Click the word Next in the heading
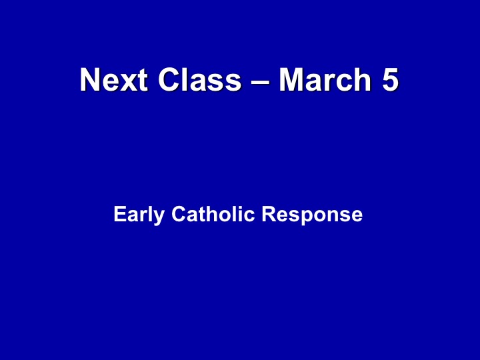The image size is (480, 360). [114, 79]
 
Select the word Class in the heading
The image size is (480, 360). [199, 79]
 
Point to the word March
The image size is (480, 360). [325, 79]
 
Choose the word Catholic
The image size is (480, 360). [213, 214]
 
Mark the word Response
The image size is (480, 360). [312, 215]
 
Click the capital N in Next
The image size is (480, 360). [90, 79]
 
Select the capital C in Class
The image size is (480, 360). [169, 79]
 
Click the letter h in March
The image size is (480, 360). [363, 79]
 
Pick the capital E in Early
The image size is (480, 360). [120, 214]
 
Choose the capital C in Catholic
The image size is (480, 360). [179, 214]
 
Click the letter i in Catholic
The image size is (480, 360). [239, 214]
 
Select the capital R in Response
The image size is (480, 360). [269, 214]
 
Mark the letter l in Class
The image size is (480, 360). [185, 79]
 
